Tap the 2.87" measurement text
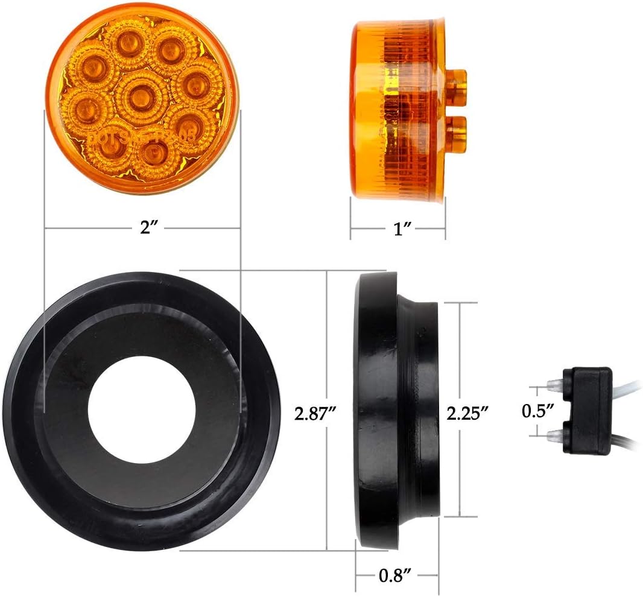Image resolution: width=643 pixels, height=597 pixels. pos(315,413)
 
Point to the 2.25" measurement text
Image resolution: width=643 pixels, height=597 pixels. pos(467,413)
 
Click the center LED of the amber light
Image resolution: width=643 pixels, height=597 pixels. pos(142,93)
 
